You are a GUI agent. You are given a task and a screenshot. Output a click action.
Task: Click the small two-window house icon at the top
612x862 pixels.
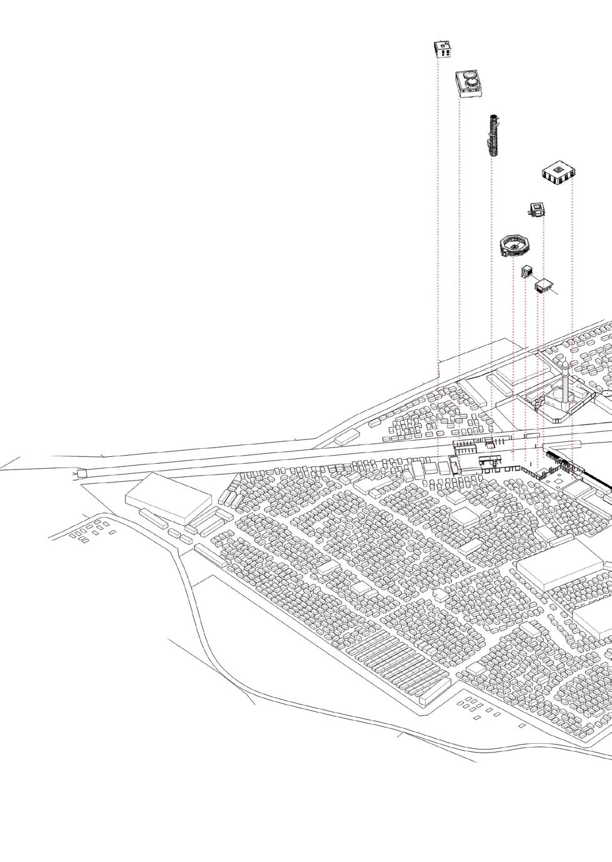point(443,48)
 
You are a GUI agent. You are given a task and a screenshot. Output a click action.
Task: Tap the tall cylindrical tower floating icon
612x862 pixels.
point(494,134)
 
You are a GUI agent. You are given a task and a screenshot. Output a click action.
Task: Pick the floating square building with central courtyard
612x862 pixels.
point(559,172)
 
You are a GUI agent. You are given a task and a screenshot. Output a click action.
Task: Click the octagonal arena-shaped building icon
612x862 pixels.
point(515,246)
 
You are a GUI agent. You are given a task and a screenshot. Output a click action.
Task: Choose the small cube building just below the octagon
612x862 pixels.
point(526,271)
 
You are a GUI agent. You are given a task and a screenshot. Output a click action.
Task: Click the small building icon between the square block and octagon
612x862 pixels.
point(536,209)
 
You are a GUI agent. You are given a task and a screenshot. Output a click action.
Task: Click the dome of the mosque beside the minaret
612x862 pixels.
point(555,395)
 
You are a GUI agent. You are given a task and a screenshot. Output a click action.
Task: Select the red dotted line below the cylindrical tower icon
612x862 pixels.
point(493,281)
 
